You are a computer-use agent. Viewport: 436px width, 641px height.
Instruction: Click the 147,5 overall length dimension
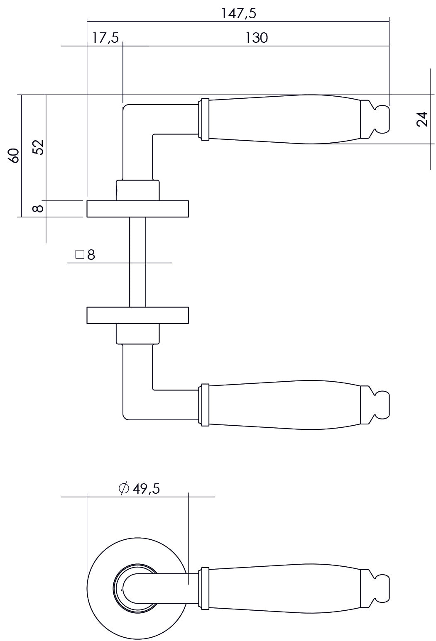click(x=238, y=13)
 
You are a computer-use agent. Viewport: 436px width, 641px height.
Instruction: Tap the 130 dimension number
click(x=256, y=38)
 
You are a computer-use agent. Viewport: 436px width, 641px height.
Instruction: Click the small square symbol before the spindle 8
click(x=80, y=254)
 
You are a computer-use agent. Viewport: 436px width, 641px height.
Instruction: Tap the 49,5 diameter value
click(x=146, y=489)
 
